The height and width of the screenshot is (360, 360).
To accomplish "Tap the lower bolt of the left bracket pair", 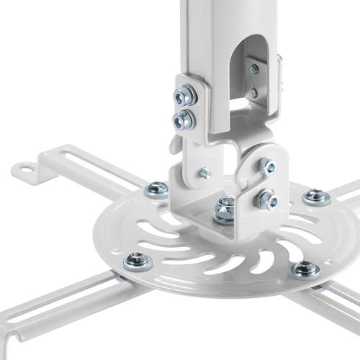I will (x=184, y=118).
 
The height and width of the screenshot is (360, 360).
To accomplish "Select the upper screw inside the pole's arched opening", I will (x=253, y=70).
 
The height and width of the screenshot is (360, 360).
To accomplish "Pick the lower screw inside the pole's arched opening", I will (x=252, y=93).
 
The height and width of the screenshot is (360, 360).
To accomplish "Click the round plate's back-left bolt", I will (x=156, y=189).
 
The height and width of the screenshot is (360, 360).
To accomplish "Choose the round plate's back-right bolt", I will (x=315, y=197).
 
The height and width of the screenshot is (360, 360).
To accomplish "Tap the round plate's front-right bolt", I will (x=305, y=270).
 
